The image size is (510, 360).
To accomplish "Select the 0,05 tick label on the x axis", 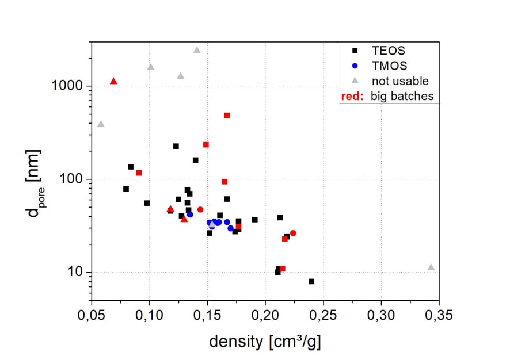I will tap(92, 315).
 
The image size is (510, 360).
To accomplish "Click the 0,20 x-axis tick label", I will tap(265, 315).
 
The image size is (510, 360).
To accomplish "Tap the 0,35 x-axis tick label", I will tap(439, 315).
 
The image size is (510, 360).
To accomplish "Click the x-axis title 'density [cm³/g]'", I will tap(265, 342).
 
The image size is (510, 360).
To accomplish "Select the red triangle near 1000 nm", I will tap(113, 81).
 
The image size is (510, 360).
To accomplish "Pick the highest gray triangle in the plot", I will tap(197, 50).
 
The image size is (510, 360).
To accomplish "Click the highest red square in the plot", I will tap(227, 116).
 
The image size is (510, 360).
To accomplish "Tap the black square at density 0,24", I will tap(311, 281).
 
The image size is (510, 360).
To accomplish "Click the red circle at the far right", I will tap(293, 233).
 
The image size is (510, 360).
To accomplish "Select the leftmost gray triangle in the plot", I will tap(101, 124).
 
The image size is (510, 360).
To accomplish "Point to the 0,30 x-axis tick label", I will tap(380, 315).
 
